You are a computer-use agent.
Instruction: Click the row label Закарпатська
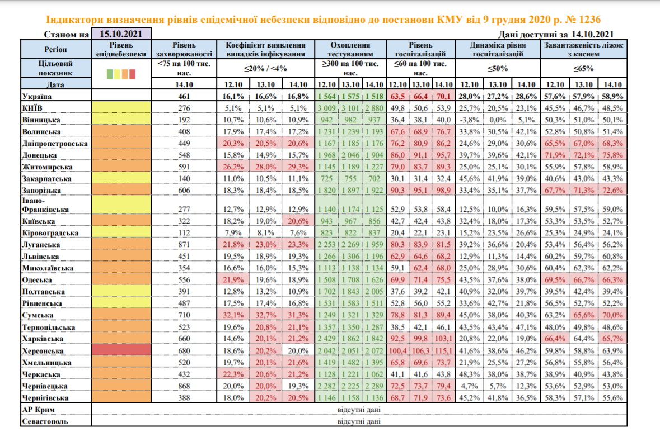coord(46,178)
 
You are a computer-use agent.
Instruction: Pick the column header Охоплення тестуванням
coord(351,49)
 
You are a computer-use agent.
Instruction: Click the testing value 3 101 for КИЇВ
coord(351,108)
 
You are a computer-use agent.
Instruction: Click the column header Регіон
coord(55,49)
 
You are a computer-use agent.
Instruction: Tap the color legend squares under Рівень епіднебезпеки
coord(121,73)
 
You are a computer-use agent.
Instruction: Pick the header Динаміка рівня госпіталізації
coord(498,49)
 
